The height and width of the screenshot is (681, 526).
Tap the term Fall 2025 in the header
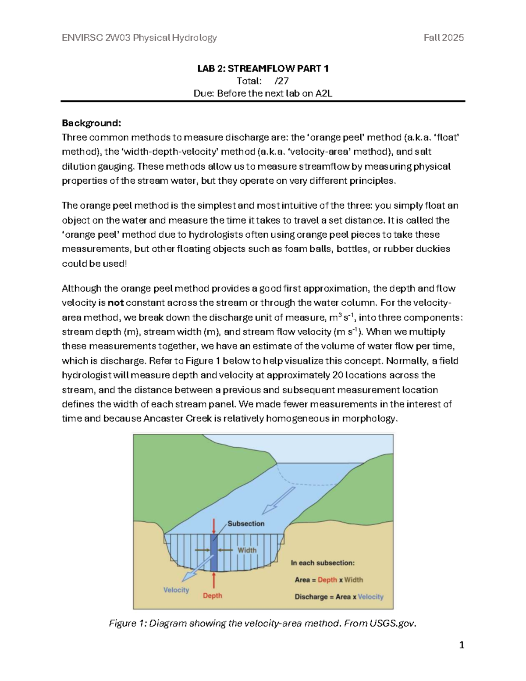pyautogui.click(x=443, y=38)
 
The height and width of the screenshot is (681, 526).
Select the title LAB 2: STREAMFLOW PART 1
pyautogui.click(x=263, y=68)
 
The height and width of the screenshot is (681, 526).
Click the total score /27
pyautogui.click(x=281, y=81)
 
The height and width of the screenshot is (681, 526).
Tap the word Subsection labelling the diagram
pyautogui.click(x=246, y=524)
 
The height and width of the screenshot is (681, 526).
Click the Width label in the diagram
pyautogui.click(x=247, y=550)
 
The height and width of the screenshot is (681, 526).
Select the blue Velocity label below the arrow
pyautogui.click(x=176, y=590)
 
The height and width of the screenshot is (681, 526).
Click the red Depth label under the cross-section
pyautogui.click(x=212, y=595)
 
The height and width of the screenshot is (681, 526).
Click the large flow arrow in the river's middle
pyautogui.click(x=279, y=500)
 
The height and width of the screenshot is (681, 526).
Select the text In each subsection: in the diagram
pyautogui.click(x=323, y=563)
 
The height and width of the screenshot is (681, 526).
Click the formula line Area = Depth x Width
pyautogui.click(x=329, y=580)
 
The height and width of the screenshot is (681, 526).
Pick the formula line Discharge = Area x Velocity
pyautogui.click(x=339, y=597)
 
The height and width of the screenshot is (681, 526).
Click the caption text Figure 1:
pyautogui.click(x=127, y=623)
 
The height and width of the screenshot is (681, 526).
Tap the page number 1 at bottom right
pyautogui.click(x=461, y=645)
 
